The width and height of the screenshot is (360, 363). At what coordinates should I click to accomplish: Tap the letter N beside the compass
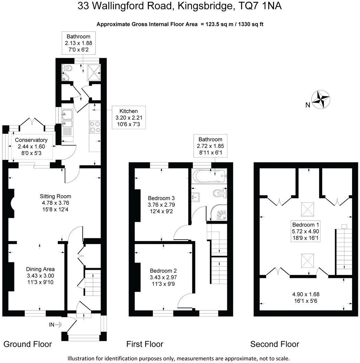(308, 105)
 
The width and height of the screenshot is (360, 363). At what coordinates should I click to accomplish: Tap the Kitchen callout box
(128, 117)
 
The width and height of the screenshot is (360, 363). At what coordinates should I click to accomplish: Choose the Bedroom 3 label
(161, 204)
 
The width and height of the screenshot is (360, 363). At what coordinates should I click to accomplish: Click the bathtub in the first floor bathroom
(209, 176)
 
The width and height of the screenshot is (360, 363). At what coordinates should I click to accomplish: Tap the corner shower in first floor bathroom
(219, 213)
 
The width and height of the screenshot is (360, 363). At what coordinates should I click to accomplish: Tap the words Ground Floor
(27, 344)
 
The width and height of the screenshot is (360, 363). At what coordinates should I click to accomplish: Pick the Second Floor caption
(274, 344)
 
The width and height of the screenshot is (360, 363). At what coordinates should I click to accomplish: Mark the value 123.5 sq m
(219, 24)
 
